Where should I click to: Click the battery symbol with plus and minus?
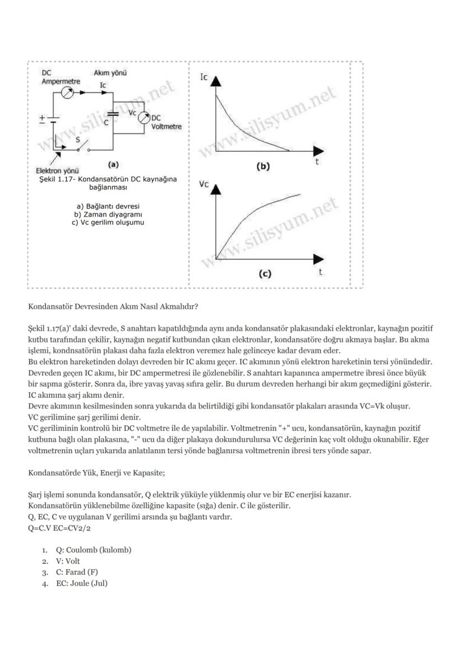point(52,120)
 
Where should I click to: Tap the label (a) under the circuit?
point(113,165)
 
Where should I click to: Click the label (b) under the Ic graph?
point(263,166)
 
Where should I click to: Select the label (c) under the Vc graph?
point(265,274)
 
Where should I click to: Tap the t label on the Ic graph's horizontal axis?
point(317,162)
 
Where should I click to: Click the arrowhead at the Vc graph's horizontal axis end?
point(318,259)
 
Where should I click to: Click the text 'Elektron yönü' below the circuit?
point(57,170)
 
